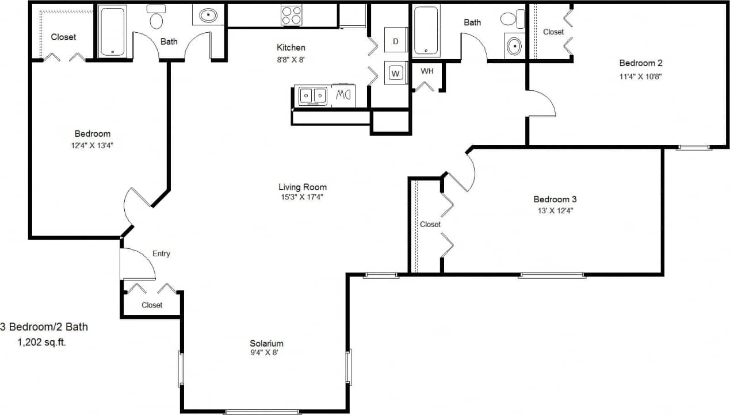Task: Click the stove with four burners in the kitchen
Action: coord(291,15)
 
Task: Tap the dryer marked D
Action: coord(395,41)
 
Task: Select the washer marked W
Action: coord(395,73)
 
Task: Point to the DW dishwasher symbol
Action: coord(343,95)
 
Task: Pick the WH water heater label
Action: coord(427,71)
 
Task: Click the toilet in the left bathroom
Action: coord(156,18)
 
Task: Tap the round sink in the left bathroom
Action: coord(208,16)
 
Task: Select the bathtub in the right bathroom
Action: coord(427,31)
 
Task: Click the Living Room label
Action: coord(303,187)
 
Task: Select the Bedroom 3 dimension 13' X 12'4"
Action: coord(555,210)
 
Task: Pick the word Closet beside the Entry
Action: coord(152,305)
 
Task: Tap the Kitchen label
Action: coord(291,48)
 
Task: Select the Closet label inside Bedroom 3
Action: coord(430,224)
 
